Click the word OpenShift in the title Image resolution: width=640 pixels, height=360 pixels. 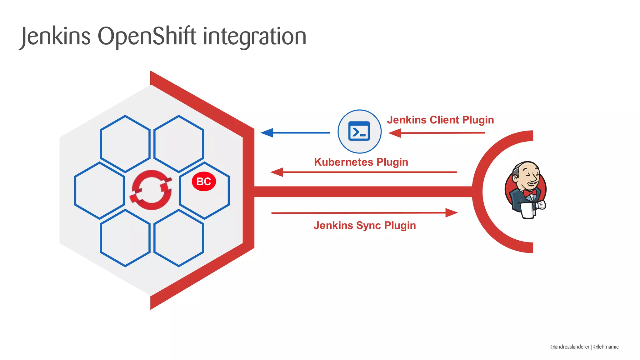pos(147,37)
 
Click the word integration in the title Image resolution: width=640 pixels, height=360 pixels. pos(254,37)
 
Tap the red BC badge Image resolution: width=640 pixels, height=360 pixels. pos(204,181)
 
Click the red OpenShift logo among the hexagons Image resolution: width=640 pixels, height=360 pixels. pos(152,190)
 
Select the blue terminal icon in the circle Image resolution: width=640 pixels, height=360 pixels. pos(359,131)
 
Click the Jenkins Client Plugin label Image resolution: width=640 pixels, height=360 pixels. pos(440,120)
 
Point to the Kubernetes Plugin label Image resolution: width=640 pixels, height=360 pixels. pos(361,162)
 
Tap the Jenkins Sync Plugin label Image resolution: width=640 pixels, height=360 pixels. pos(365,226)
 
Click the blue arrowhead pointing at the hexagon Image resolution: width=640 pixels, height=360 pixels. pos(267,133)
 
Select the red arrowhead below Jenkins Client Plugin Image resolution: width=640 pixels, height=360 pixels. pos(395,133)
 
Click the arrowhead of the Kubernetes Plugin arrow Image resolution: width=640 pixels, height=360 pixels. pos(277,172)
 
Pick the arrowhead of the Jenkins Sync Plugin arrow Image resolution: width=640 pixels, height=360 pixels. pos(451,213)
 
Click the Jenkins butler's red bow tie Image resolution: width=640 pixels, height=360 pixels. pos(530,193)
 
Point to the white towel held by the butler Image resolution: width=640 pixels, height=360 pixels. pos(528,210)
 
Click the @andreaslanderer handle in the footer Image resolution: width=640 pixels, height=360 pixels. pos(570,347)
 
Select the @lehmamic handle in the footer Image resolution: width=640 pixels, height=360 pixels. pos(606,347)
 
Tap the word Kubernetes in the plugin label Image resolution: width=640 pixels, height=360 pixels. pos(343,162)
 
